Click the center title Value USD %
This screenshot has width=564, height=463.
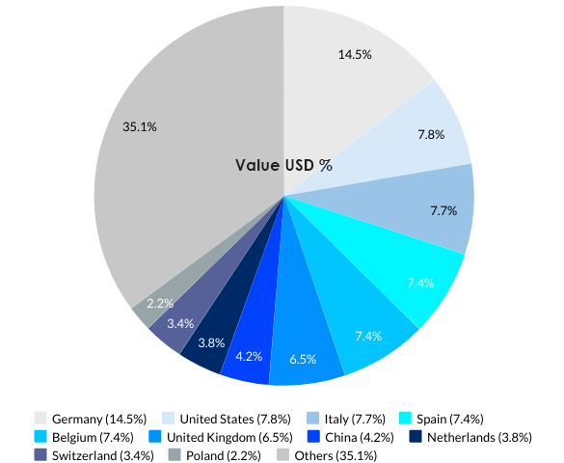click(x=283, y=165)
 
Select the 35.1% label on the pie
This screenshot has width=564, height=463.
click(x=141, y=126)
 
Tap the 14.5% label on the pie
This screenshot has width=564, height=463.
click(x=355, y=55)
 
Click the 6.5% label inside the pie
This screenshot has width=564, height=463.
click(x=303, y=358)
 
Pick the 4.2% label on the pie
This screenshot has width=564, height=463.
click(x=249, y=355)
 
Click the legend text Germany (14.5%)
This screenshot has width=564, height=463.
click(x=99, y=419)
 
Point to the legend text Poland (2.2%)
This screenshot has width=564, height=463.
click(x=223, y=455)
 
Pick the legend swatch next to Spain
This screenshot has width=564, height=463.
click(x=406, y=419)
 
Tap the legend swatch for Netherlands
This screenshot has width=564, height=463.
click(x=415, y=437)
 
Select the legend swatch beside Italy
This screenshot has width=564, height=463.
click(x=313, y=419)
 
